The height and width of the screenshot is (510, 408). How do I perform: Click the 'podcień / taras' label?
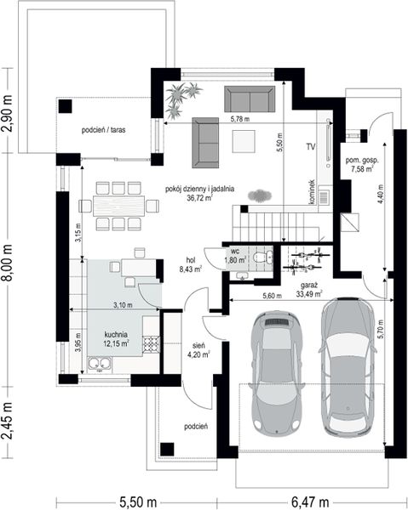(x=103, y=130)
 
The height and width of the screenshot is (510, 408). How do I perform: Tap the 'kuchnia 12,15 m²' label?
(x=116, y=339)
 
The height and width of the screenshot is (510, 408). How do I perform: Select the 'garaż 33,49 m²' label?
(x=309, y=290)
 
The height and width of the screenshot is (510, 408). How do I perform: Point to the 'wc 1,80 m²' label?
(x=235, y=256)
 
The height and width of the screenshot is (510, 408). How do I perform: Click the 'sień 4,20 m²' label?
(x=198, y=350)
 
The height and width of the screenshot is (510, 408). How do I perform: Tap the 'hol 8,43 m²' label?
(x=190, y=264)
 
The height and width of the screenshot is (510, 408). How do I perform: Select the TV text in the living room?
(x=311, y=147)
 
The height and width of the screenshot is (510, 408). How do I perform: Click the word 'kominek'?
(x=312, y=192)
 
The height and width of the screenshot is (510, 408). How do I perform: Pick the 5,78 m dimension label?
(x=240, y=119)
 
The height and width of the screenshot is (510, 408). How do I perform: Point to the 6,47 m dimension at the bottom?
(x=310, y=502)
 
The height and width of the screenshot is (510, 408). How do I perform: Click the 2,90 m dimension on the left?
(x=7, y=113)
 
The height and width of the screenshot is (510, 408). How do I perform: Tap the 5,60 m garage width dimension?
(x=272, y=296)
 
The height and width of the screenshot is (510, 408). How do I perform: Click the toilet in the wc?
(x=263, y=258)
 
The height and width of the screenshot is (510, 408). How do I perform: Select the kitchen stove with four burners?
(x=152, y=344)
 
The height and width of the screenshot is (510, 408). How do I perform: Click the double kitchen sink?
(x=100, y=365)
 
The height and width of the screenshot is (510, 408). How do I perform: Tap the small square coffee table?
(x=244, y=141)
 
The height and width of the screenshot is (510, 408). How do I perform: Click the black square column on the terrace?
(x=66, y=106)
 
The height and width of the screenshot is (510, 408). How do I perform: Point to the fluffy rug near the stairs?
(x=260, y=195)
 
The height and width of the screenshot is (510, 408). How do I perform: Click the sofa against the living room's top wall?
(x=250, y=99)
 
